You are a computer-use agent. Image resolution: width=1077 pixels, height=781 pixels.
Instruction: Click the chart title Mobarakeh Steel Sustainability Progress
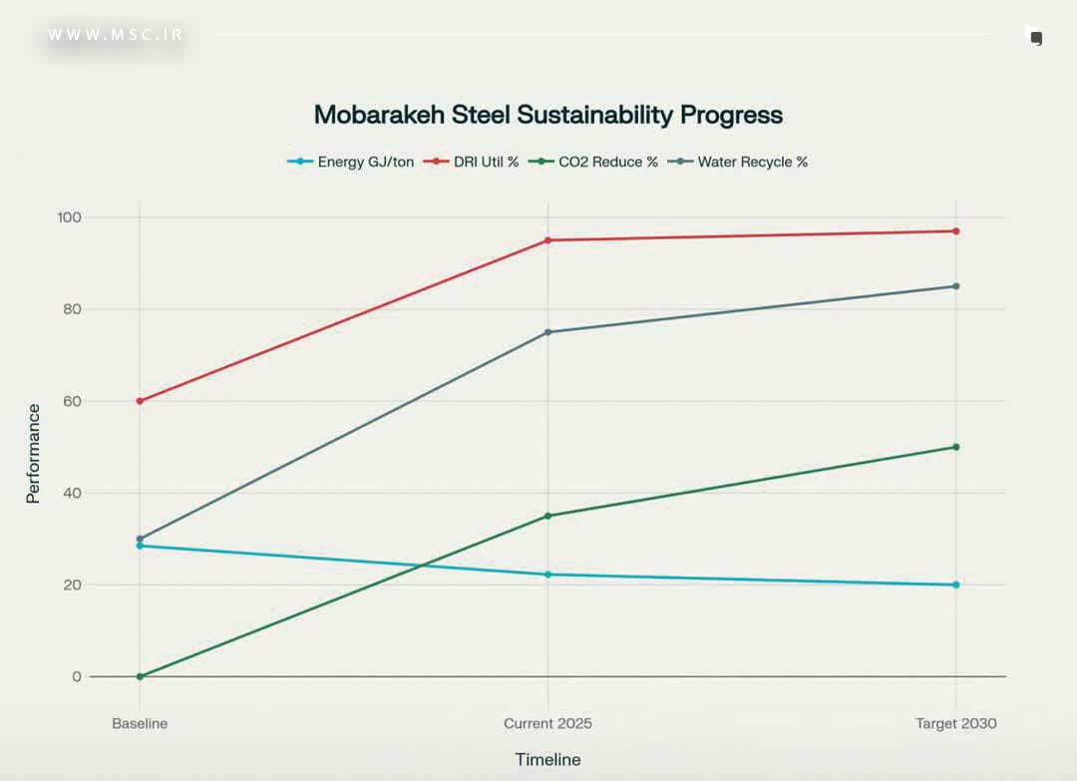(x=547, y=115)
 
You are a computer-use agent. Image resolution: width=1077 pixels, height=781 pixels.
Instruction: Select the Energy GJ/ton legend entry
(x=365, y=162)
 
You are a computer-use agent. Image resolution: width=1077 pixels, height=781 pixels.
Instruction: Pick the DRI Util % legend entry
(x=486, y=162)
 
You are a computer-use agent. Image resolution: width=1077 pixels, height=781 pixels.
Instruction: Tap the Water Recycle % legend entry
(x=752, y=162)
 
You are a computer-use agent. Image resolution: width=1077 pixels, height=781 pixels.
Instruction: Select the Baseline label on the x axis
(x=140, y=723)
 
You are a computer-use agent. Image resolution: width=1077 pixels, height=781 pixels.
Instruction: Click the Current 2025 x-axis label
(x=547, y=723)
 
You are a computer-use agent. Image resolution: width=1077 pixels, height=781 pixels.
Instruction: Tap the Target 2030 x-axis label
(x=955, y=723)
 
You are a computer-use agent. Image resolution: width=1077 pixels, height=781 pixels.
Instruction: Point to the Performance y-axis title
(x=34, y=453)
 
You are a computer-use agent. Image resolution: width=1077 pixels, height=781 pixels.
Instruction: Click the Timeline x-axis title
(x=547, y=760)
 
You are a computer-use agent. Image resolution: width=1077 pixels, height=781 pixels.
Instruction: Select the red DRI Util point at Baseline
(x=140, y=401)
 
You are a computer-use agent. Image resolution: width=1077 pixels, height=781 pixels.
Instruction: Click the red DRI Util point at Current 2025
(x=547, y=240)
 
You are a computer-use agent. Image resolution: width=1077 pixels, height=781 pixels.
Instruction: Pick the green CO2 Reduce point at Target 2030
(x=955, y=447)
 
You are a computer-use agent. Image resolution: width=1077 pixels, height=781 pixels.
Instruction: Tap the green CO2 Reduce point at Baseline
(x=140, y=676)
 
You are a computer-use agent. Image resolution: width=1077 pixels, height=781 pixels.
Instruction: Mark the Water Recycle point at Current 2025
(x=547, y=332)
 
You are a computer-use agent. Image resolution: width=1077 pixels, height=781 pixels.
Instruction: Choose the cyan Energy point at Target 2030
(x=955, y=585)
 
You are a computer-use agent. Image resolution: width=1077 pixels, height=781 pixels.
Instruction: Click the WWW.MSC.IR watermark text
(x=116, y=35)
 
